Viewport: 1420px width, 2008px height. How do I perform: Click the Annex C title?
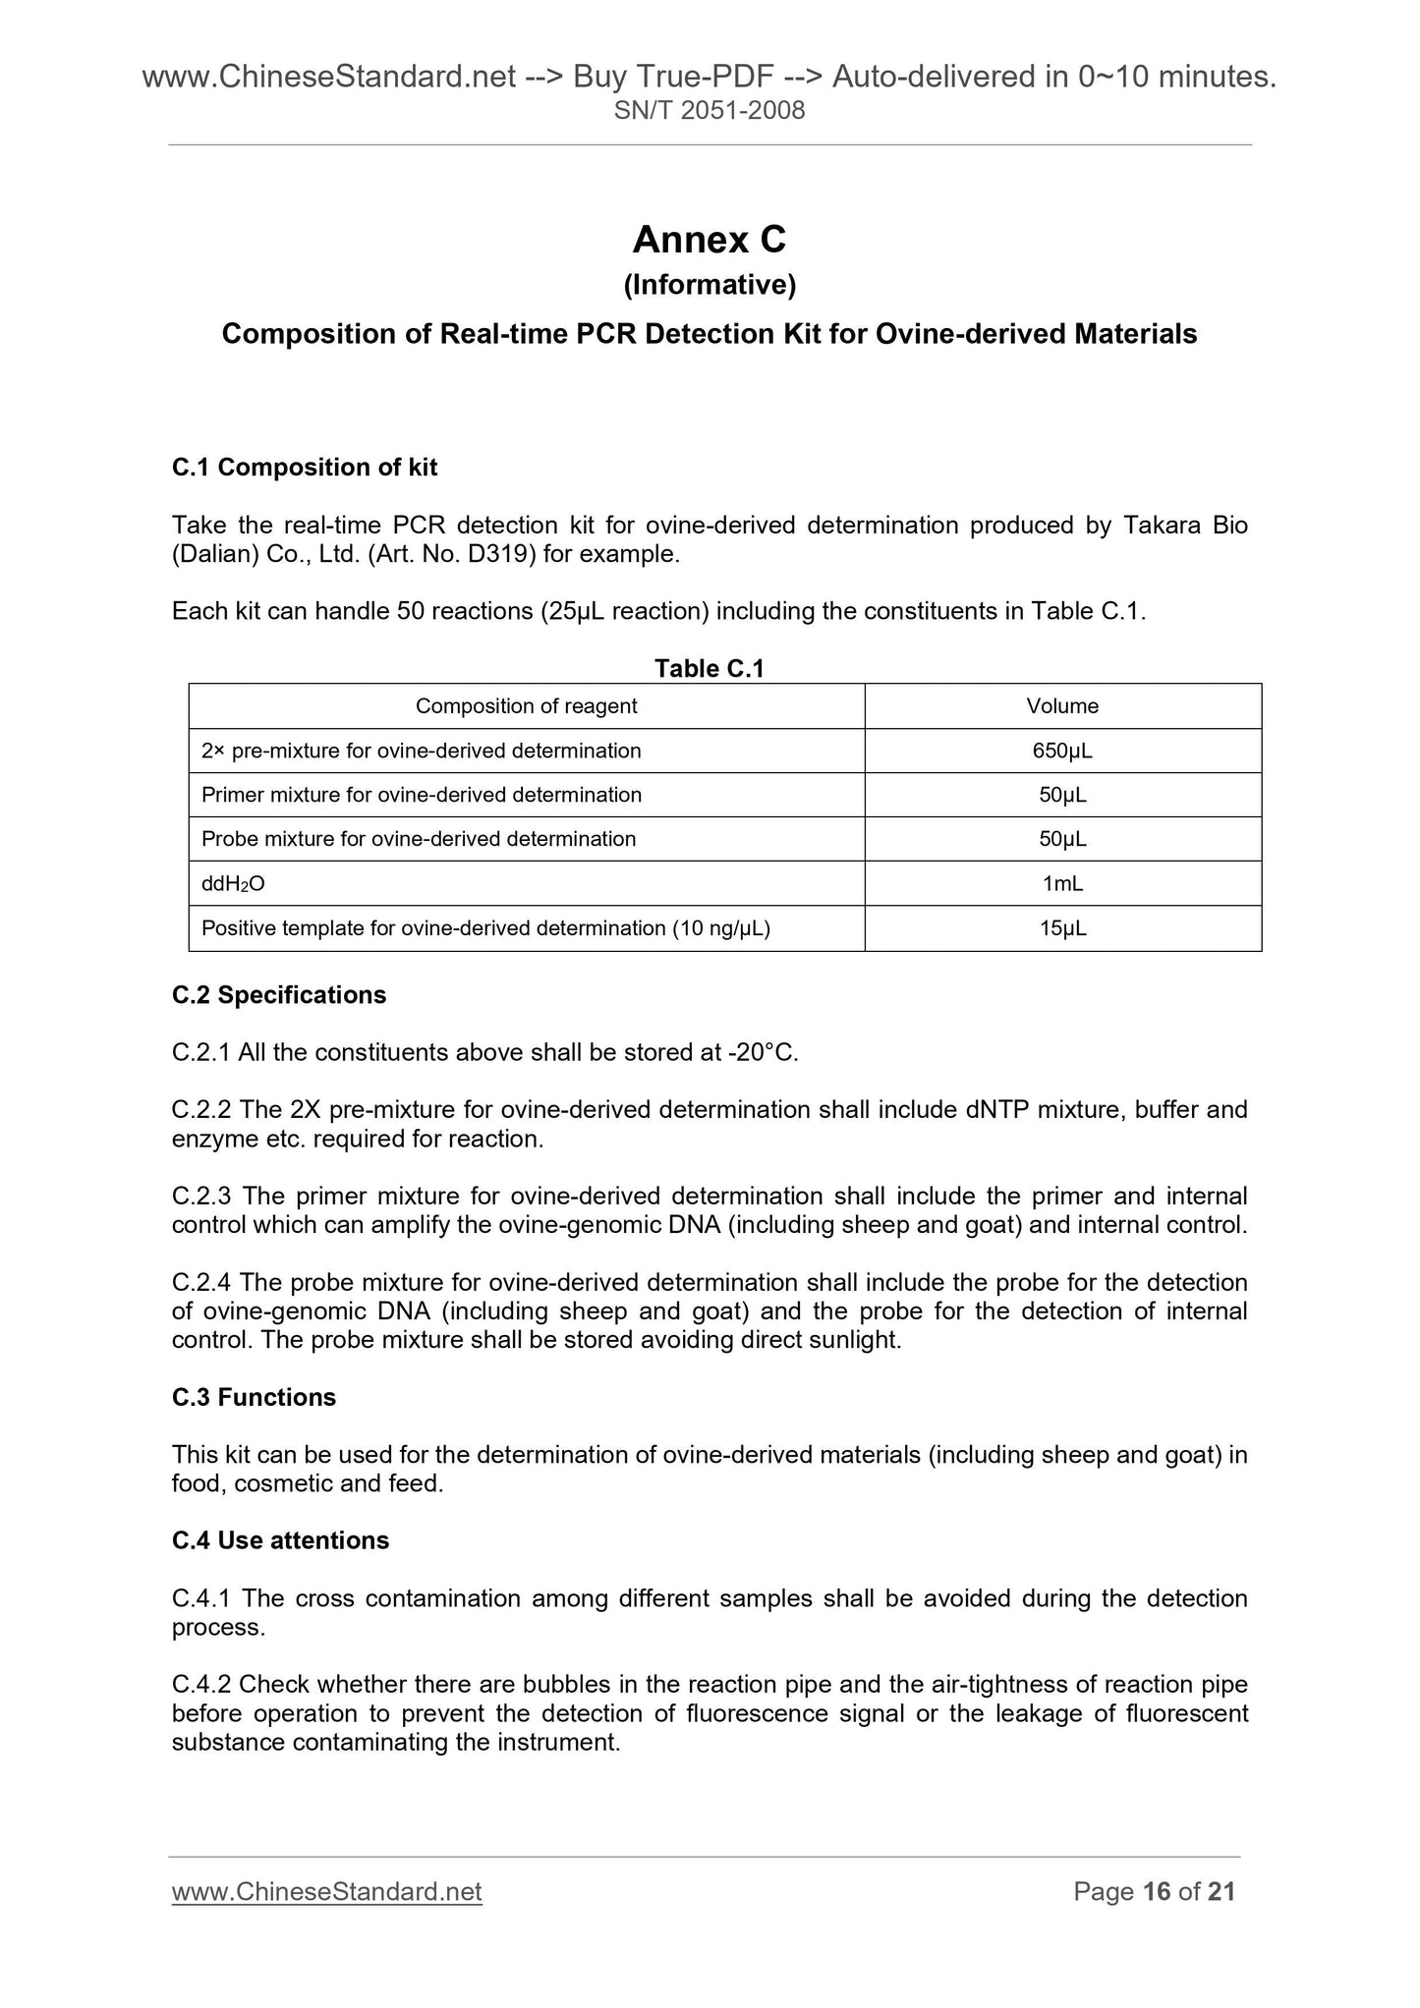pos(709,240)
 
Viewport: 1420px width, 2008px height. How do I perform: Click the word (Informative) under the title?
pos(709,285)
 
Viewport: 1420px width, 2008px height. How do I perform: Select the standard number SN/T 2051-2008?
pos(709,110)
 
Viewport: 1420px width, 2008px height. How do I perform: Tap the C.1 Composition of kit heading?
pos(305,468)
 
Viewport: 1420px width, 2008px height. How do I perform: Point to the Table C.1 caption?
pos(709,668)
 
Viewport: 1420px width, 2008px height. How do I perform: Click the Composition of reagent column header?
pos(526,706)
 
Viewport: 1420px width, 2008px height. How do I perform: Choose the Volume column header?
pos(1062,706)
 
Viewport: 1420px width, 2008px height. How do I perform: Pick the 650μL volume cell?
pos(1062,752)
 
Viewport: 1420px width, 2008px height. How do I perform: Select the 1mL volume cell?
pos(1062,884)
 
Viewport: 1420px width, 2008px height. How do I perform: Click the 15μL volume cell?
pos(1062,928)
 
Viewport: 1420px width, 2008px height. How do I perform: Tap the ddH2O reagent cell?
pos(233,884)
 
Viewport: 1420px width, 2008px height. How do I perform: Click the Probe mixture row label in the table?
pos(419,839)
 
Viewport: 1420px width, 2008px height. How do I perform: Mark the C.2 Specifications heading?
pos(279,995)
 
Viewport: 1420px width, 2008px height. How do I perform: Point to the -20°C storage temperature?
pos(762,1053)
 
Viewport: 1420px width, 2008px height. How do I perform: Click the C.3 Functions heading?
pos(254,1397)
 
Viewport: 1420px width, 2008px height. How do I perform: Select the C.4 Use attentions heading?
pos(280,1540)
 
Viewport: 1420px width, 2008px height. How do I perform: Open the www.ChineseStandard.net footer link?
pos(326,1892)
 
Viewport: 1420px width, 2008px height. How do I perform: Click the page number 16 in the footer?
pos(1157,1892)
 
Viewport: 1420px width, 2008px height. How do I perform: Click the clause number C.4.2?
pos(201,1685)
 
